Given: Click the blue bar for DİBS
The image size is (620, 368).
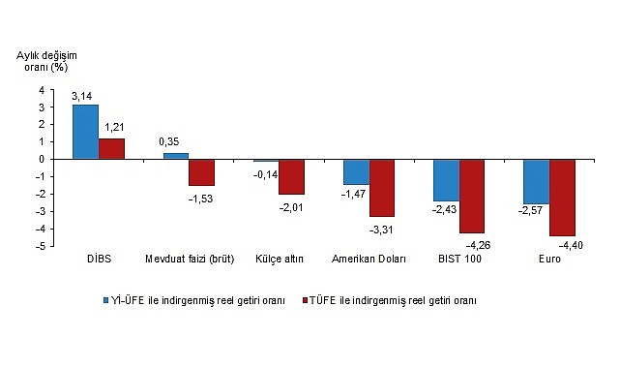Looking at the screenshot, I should (x=85, y=132).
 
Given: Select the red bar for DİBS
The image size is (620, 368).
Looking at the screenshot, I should (x=111, y=148).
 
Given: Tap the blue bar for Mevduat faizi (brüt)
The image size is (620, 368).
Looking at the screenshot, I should (x=175, y=156).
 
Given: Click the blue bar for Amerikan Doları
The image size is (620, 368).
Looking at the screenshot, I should (x=355, y=171).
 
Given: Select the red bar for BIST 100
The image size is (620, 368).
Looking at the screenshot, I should (x=472, y=196).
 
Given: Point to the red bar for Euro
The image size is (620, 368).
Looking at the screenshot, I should (x=562, y=198).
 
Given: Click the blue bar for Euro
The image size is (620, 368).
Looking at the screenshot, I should (x=536, y=181).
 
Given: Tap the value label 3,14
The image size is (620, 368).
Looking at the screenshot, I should (x=82, y=96).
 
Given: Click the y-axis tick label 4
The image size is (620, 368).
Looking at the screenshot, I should (x=41, y=90).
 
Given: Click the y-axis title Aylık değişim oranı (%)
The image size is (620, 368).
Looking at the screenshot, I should (x=51, y=61).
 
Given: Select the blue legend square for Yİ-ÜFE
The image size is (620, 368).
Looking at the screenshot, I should (x=107, y=300).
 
